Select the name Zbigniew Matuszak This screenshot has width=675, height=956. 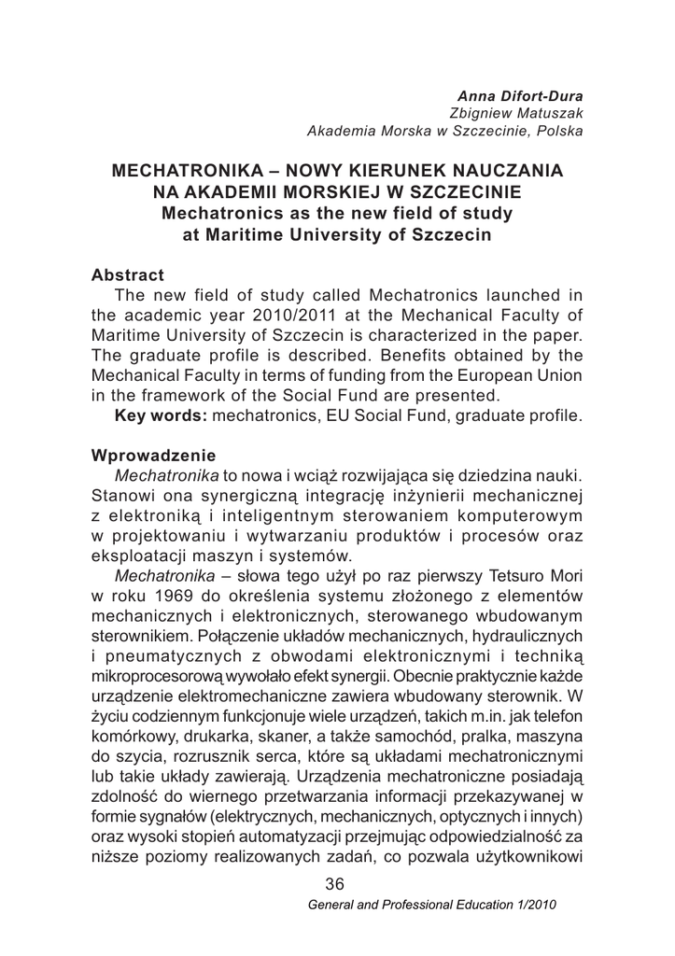[x=528, y=113]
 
